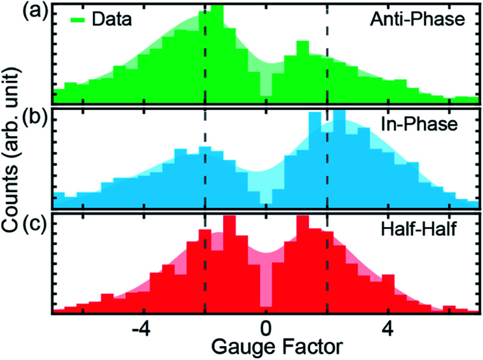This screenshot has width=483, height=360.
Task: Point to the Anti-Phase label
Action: pyautogui.click(x=418, y=20)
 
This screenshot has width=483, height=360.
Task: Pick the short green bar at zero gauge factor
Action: pyautogui.click(x=266, y=89)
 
